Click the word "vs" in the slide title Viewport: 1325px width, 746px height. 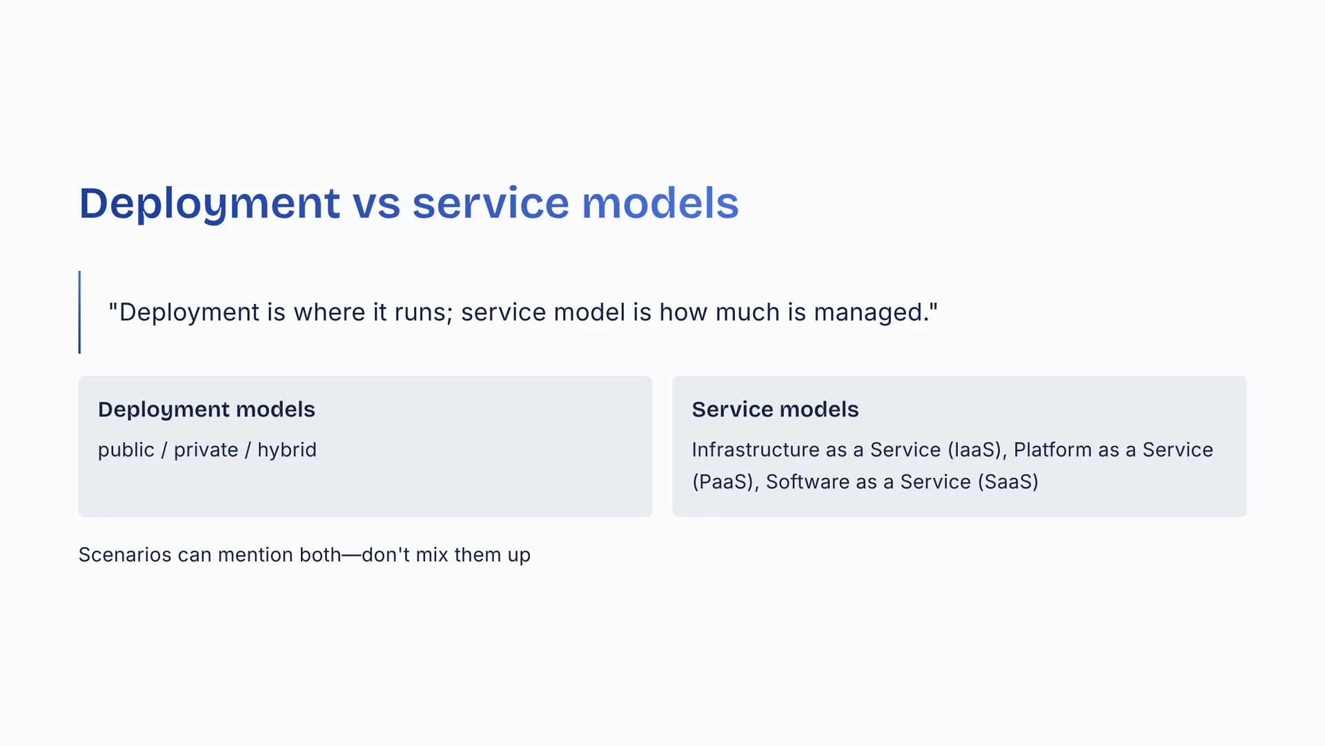pos(376,204)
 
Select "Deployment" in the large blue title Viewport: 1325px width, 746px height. pos(210,204)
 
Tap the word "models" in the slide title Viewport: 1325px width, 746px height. pos(660,203)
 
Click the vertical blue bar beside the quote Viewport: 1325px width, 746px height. pos(79,312)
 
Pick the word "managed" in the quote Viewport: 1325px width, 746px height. pos(872,313)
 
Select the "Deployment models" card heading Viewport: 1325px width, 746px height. pos(206,410)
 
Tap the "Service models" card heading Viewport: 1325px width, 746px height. pos(775,410)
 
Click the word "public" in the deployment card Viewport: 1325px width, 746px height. pos(126,450)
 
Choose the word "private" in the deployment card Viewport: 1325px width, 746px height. pos(206,450)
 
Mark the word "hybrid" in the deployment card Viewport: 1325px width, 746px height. pos(287,450)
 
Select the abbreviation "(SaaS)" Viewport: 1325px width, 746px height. pos(1008,481)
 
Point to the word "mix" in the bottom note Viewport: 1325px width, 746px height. pos(432,555)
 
